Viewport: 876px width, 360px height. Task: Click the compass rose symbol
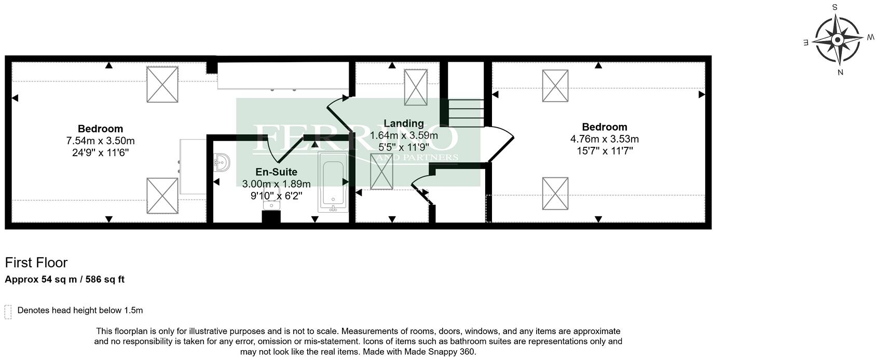[x=837, y=40]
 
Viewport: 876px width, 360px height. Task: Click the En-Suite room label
[x=276, y=172]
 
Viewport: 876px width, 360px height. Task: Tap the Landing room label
[x=403, y=123]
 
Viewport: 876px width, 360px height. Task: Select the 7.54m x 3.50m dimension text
[x=100, y=141]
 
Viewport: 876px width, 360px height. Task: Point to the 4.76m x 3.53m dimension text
[x=604, y=139]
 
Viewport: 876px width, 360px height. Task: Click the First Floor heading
[x=36, y=262]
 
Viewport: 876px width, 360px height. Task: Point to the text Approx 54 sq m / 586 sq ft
[x=65, y=280]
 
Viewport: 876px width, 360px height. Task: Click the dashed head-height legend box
[x=8, y=312]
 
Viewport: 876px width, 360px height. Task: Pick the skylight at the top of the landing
[x=416, y=87]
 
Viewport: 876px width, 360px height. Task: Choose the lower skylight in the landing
[x=381, y=171]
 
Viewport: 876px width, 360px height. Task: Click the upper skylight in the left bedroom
[x=162, y=85]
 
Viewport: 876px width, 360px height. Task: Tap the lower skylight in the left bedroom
[x=162, y=196]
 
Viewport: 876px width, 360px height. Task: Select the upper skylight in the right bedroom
[x=555, y=86]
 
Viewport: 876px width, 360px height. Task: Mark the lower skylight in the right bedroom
[x=555, y=193]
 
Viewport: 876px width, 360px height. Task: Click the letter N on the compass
[x=840, y=73]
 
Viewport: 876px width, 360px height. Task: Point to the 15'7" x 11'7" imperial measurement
[x=604, y=151]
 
